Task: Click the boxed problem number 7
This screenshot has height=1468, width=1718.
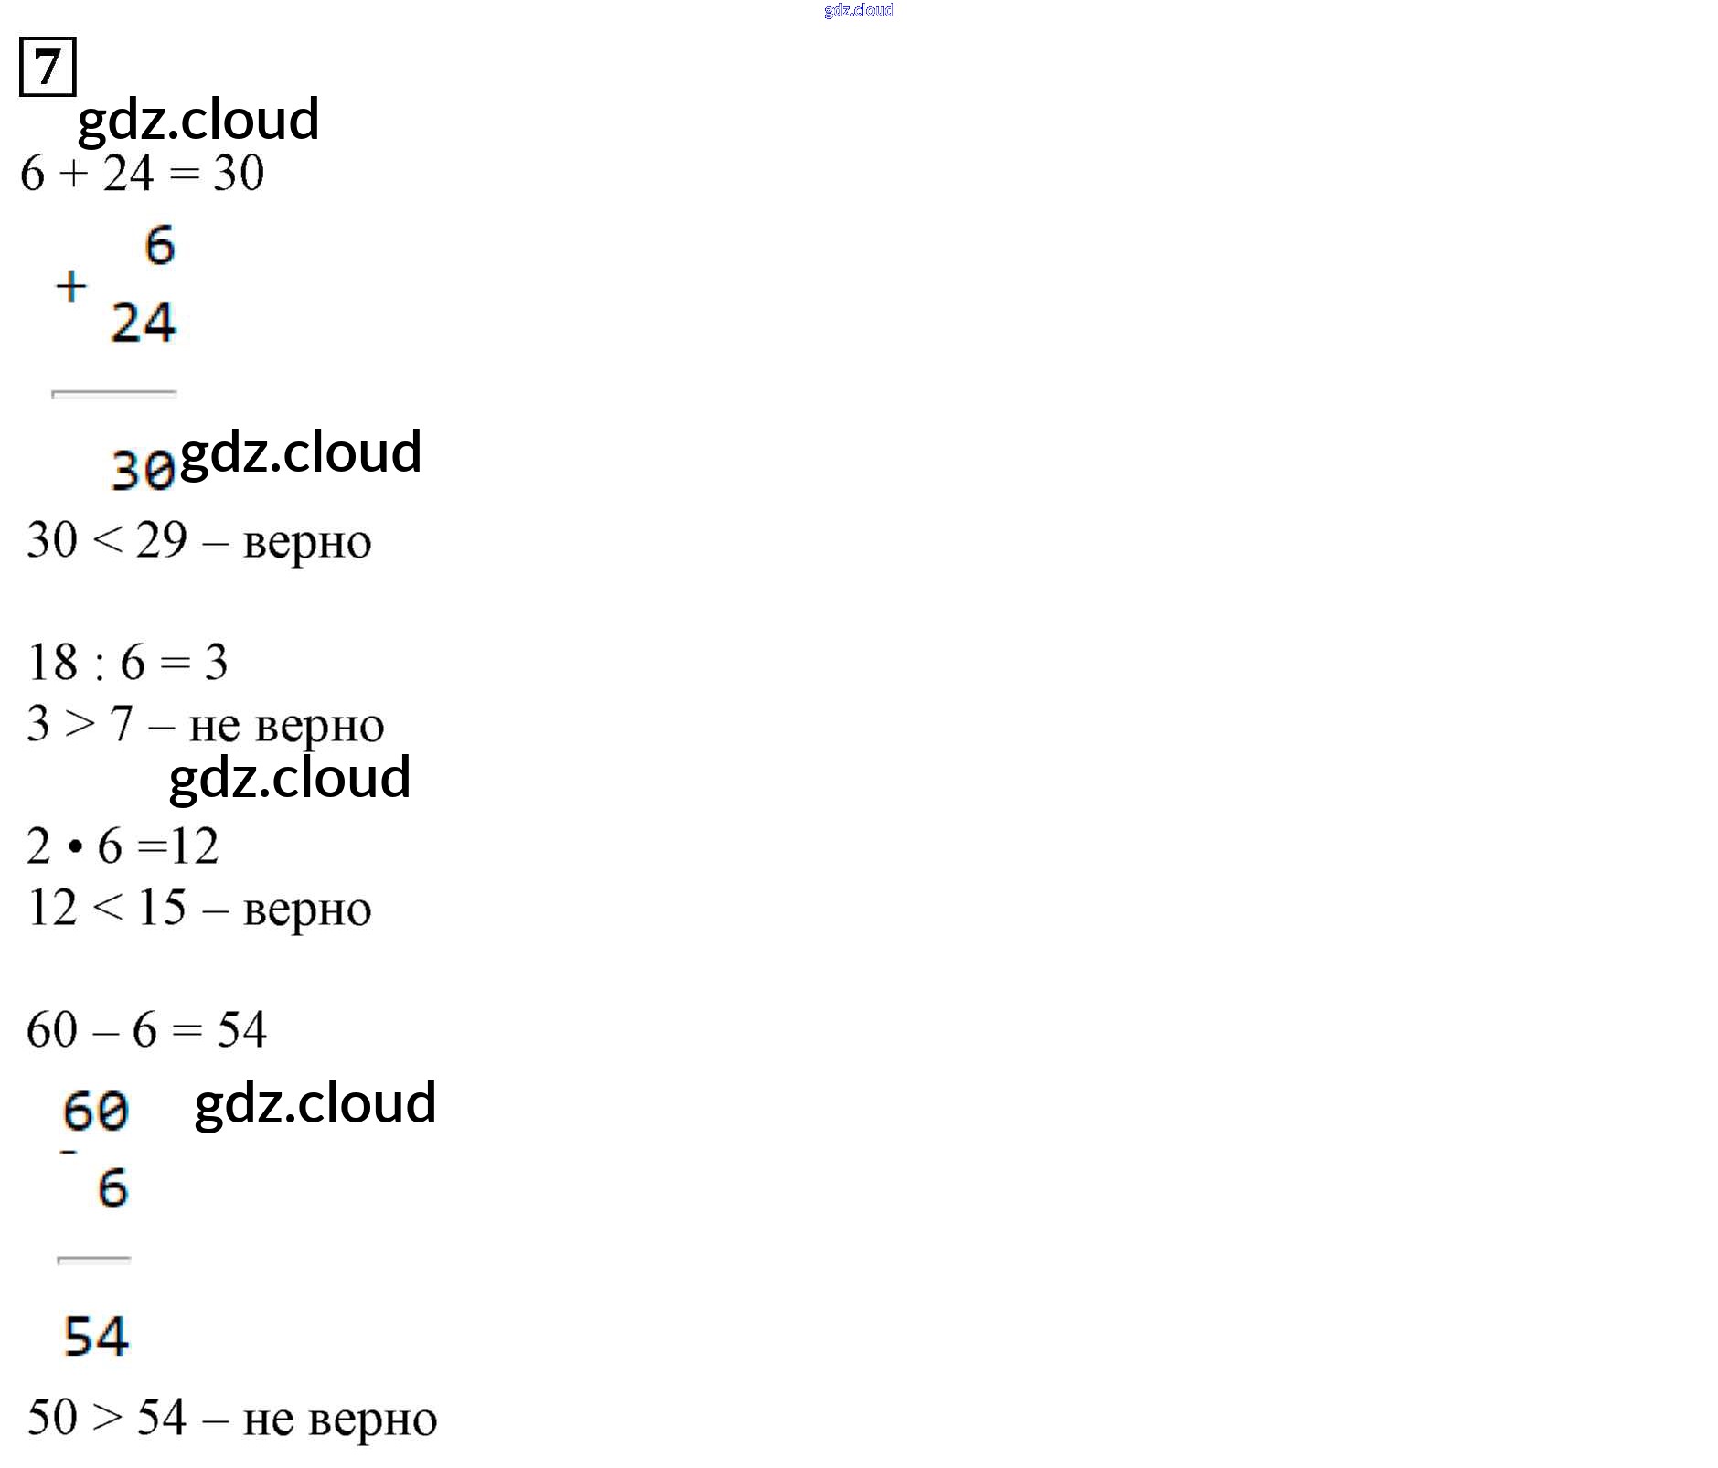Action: tap(48, 67)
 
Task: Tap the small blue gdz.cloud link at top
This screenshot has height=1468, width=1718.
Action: tap(859, 10)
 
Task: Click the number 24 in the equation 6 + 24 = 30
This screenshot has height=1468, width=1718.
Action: tap(128, 173)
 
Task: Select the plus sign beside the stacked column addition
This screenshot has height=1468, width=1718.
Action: tap(71, 287)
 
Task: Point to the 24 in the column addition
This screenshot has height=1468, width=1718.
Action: tap(144, 323)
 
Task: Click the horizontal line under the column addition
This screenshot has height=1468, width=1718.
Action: tap(114, 394)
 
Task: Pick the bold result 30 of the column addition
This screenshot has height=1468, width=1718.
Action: tap(143, 471)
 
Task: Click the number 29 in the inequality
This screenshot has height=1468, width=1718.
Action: tap(162, 539)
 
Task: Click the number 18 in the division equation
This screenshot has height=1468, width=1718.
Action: tap(53, 662)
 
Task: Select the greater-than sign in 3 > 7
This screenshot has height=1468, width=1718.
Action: tap(80, 724)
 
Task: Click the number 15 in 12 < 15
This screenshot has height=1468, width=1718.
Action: tap(162, 908)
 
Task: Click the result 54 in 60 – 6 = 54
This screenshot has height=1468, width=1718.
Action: tap(241, 1029)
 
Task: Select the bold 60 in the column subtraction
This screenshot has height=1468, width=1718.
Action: tap(96, 1112)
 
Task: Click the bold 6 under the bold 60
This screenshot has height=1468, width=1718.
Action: tap(112, 1188)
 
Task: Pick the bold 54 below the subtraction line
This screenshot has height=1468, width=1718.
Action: tap(96, 1336)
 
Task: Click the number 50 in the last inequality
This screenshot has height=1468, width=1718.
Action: tap(53, 1418)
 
